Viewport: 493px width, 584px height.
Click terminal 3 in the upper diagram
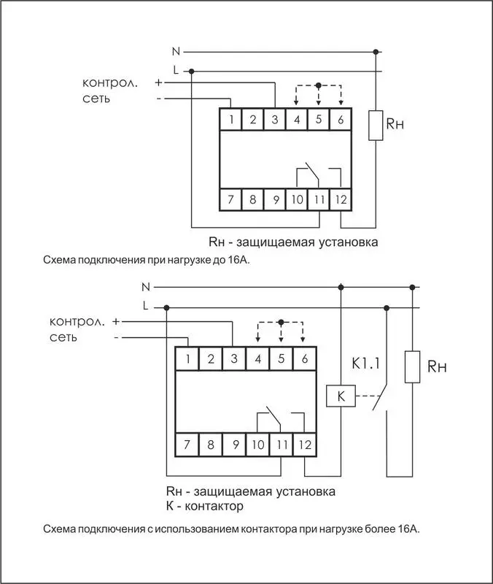click(x=275, y=120)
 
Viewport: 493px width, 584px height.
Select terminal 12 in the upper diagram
click(x=341, y=199)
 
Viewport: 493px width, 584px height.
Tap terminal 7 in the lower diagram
click(x=187, y=445)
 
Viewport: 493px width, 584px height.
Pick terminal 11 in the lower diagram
click(x=282, y=445)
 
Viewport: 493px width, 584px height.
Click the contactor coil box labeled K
click(x=341, y=396)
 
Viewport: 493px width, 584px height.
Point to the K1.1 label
click(x=366, y=364)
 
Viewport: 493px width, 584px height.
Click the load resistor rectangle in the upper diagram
click(x=376, y=126)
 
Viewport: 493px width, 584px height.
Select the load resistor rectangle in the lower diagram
click(x=412, y=367)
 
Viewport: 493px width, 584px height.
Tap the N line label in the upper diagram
click(x=176, y=51)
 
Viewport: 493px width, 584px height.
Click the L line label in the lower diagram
click(x=145, y=306)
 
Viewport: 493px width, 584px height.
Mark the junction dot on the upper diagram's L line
click(x=191, y=71)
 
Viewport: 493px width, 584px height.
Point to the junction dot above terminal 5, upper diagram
click(x=318, y=85)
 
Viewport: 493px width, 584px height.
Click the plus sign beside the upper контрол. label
click(x=158, y=82)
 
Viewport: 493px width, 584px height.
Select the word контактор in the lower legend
click(x=214, y=506)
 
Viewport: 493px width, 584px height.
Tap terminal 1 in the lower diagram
click(x=187, y=358)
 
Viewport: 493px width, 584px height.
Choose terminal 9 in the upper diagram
click(x=275, y=199)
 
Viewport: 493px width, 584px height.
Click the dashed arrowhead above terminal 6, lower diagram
click(x=303, y=339)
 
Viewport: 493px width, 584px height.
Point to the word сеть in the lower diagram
click(x=63, y=337)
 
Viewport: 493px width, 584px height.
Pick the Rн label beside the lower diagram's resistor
click(x=437, y=367)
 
